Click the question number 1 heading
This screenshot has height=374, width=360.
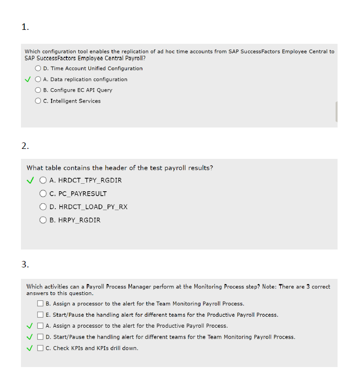[25, 27]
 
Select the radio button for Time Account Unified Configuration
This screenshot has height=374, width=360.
[38, 68]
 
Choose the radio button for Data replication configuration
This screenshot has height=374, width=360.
[38, 79]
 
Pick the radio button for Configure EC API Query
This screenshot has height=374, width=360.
[38, 90]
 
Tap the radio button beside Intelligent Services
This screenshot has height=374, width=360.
[38, 101]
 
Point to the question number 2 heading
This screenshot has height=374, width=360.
[25, 146]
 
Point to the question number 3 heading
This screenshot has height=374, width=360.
[25, 264]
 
